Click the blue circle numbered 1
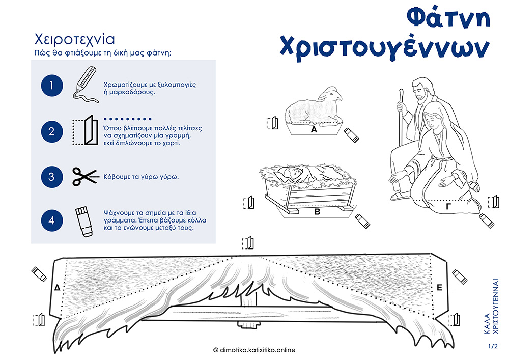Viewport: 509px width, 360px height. click(52, 86)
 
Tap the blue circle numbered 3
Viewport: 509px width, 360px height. click(52, 177)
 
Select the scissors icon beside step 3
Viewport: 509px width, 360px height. click(86, 177)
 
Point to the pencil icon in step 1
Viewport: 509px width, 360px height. click(86, 85)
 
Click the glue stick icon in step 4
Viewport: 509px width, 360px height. click(84, 221)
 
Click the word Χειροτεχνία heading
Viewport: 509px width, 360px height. click(75, 39)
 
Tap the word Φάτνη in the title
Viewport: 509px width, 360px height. click(448, 18)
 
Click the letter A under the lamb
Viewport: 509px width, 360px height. click(314, 130)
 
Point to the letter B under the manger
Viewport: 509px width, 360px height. click(318, 212)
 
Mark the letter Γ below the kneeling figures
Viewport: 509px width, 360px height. click(449, 206)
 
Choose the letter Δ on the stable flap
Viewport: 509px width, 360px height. click(58, 287)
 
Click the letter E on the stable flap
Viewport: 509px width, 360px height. click(440, 288)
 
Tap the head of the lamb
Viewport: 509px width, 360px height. click(331, 94)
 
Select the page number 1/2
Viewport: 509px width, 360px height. click(493, 346)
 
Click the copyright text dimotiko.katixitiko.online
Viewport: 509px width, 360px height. click(254, 350)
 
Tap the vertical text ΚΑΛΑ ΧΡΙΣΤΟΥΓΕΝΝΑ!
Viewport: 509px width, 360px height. click(491, 306)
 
